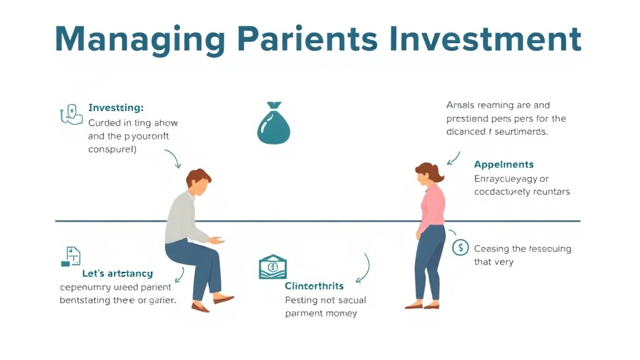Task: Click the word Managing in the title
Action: click(139, 39)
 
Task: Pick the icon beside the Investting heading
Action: click(71, 114)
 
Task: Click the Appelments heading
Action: click(504, 164)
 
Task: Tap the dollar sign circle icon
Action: click(461, 247)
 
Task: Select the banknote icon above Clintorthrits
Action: click(273, 267)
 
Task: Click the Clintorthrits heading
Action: click(314, 286)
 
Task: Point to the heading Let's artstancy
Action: click(117, 274)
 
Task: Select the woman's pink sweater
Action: click(432, 207)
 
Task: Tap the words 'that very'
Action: click(493, 262)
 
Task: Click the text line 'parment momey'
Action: click(321, 313)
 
